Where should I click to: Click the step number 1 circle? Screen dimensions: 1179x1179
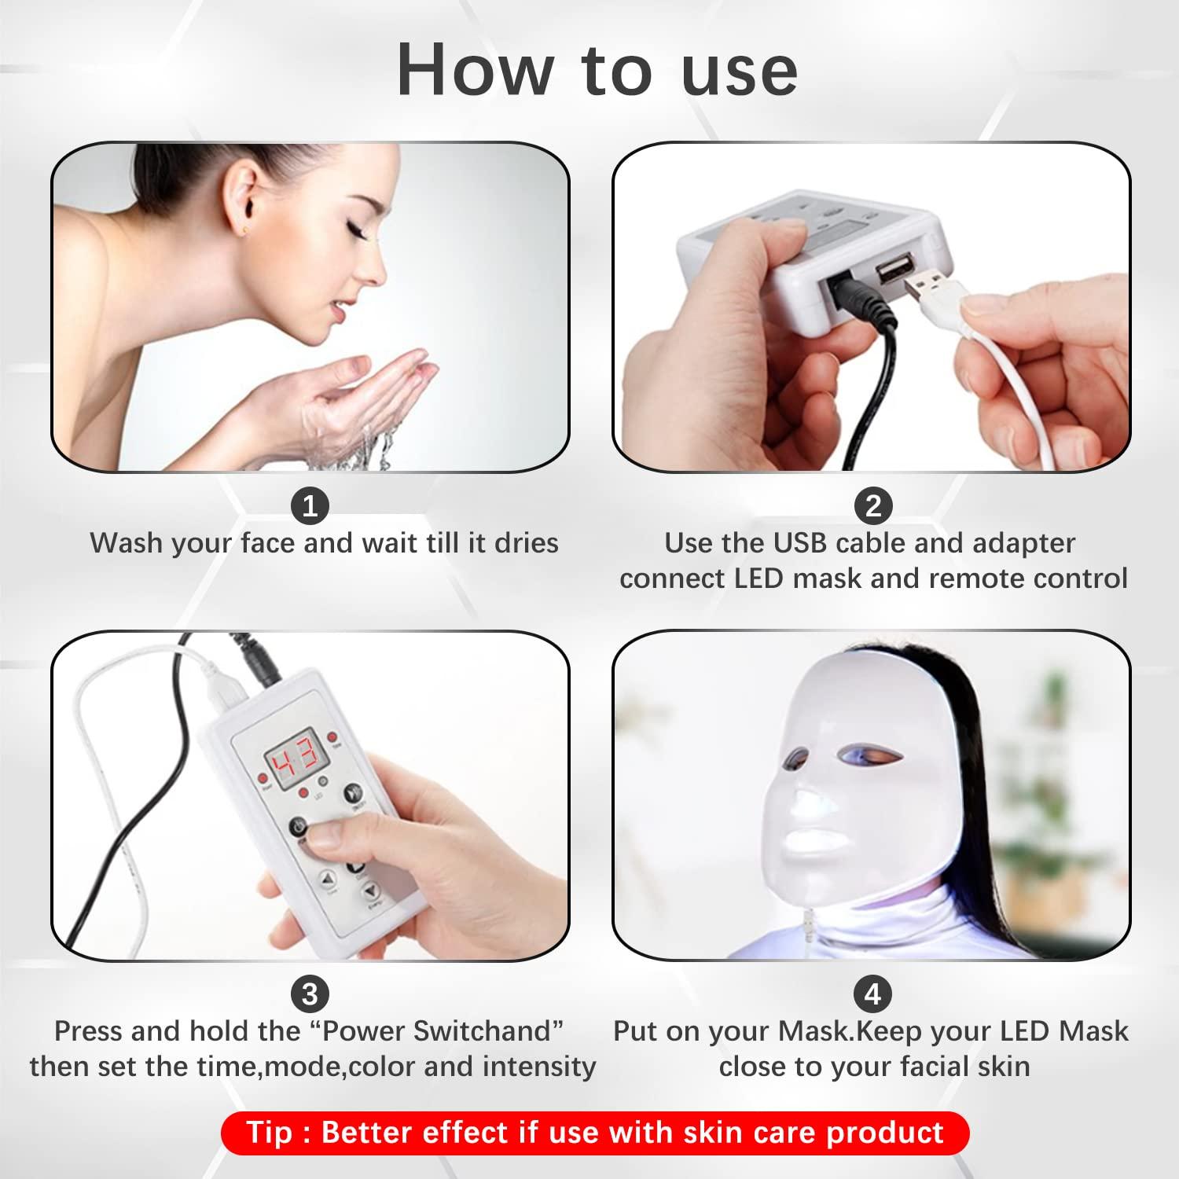pyautogui.click(x=310, y=505)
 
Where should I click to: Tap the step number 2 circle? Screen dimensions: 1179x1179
pyautogui.click(x=872, y=505)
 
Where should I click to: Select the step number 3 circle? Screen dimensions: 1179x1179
pyautogui.click(x=310, y=994)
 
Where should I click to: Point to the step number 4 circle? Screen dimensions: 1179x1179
pyautogui.click(x=872, y=994)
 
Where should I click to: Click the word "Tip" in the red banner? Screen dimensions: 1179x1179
pyautogui.click(x=270, y=1133)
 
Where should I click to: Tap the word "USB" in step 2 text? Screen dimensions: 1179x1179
pyautogui.click(x=800, y=543)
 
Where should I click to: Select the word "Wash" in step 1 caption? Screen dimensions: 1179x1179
pyautogui.click(x=123, y=543)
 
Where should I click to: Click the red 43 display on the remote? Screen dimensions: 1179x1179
pyautogui.click(x=291, y=756)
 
